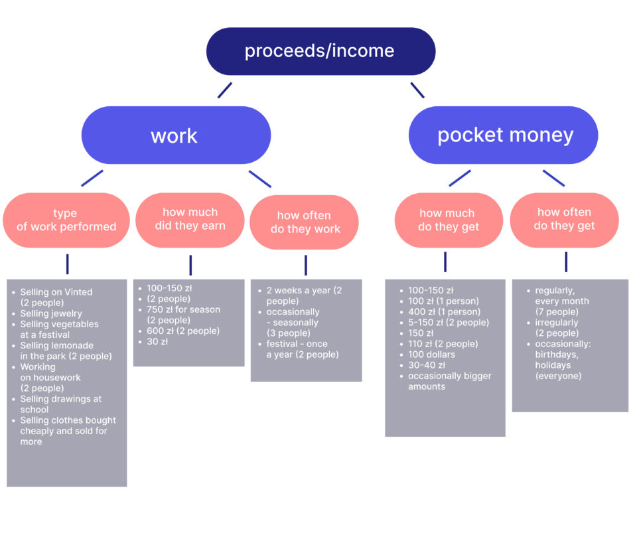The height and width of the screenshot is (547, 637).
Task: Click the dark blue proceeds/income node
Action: point(320,51)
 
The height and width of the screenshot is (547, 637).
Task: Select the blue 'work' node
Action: point(176,135)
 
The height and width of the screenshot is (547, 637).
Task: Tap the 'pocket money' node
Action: point(504,135)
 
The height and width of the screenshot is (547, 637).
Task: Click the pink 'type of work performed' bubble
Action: point(66,220)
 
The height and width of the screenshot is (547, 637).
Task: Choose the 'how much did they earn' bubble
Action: point(190,220)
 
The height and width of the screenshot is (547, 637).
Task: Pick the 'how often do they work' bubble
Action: point(305,222)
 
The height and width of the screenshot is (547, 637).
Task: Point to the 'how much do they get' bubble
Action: point(449,220)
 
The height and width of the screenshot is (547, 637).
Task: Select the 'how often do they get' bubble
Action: point(564,220)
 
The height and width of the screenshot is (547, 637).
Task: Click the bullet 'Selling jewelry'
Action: point(51,313)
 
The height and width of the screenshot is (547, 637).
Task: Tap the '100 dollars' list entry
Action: point(431,354)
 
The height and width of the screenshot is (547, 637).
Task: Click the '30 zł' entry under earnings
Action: point(157,342)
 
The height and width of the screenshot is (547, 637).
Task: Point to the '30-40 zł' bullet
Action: point(427,365)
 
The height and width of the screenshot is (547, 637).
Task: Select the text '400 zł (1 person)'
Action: point(444,312)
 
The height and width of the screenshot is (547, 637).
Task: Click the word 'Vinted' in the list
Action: point(78,292)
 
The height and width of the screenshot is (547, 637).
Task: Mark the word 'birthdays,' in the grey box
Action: point(557,354)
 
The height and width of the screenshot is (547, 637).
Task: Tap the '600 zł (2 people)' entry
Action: point(183,331)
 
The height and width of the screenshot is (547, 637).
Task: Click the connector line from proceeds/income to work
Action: point(225,90)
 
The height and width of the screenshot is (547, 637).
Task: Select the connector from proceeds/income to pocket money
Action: point(417,90)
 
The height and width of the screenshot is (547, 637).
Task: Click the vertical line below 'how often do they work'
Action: point(306,266)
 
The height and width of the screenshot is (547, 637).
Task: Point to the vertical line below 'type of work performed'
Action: point(68,264)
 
